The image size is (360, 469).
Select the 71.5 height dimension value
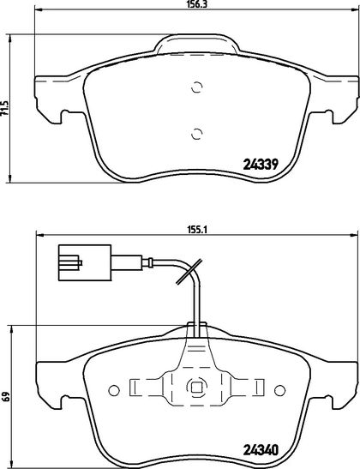coord(4,109)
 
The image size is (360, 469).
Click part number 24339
coord(261,164)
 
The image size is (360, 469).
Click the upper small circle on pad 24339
coord(197,87)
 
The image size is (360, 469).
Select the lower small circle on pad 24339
coord(197,134)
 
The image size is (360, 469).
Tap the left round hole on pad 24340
coord(114,390)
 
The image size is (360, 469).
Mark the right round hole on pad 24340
coord(279,390)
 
